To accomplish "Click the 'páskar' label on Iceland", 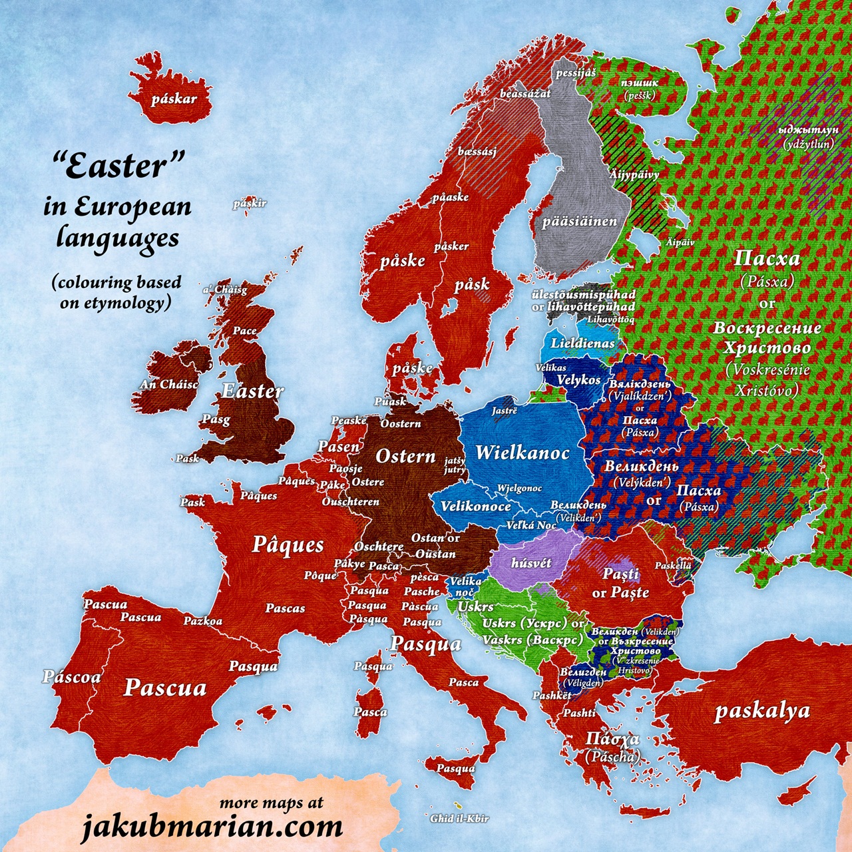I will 174,100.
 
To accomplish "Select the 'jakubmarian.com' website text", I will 212,827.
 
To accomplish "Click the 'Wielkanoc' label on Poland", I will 522,453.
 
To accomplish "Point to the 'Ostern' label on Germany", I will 405,457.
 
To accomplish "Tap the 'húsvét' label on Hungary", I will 531,563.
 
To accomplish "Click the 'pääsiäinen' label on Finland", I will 579,221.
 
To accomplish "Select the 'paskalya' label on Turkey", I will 762,711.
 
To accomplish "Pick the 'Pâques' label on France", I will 288,544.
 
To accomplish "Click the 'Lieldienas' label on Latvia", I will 582,343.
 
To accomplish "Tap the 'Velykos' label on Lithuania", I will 578,379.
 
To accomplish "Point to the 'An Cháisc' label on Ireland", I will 169,384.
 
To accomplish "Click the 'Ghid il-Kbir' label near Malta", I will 459,818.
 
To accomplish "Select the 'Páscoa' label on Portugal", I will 72,677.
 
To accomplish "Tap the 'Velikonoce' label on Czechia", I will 475,507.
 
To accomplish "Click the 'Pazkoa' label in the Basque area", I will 203,621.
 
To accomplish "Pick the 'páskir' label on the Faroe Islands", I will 250,203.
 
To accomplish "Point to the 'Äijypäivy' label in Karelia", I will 634,174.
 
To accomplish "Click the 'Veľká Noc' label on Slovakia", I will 531,525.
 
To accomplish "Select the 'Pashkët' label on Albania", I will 551,695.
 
